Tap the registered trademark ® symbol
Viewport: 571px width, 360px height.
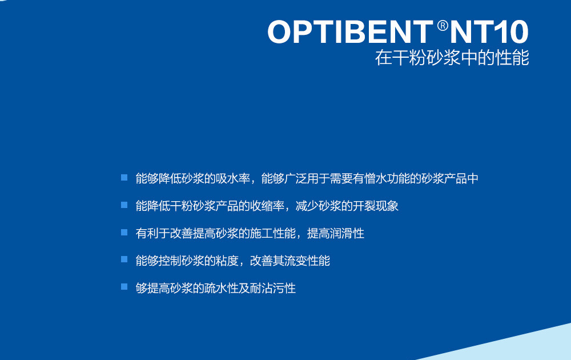click(443, 26)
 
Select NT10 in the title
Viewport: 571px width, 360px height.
click(489, 33)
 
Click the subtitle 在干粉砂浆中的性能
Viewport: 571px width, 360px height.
click(452, 58)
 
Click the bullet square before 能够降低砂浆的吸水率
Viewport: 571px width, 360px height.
click(124, 178)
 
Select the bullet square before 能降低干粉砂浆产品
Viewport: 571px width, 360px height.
click(124, 205)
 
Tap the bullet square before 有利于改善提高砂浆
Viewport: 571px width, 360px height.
click(124, 232)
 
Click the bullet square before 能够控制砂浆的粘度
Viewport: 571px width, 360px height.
click(124, 259)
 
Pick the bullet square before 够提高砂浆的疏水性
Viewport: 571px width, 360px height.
click(124, 287)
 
